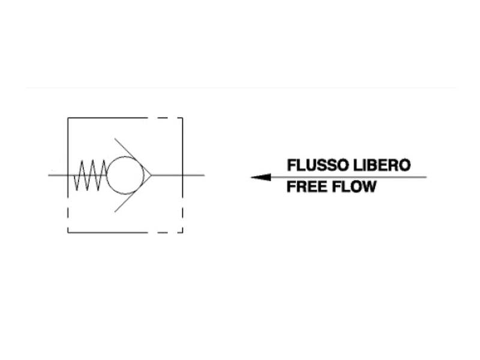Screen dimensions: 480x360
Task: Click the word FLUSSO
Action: click(318, 166)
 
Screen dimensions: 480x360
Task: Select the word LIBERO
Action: click(382, 166)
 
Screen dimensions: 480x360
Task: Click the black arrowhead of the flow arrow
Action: click(261, 177)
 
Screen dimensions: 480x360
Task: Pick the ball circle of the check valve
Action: click(125, 175)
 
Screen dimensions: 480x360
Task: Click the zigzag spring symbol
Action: click(91, 175)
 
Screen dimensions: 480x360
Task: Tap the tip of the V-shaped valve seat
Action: click(151, 175)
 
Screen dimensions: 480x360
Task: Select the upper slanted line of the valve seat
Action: click(133, 157)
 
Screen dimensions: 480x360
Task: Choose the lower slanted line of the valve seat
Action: click(133, 193)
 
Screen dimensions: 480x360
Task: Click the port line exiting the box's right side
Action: click(193, 175)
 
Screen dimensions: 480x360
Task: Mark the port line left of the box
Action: click(58, 175)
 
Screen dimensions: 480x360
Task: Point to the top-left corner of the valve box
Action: click(68, 118)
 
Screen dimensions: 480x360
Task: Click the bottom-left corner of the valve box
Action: click(68, 233)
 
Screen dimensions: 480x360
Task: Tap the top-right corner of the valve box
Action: click(183, 118)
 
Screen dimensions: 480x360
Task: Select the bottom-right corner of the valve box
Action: click(183, 233)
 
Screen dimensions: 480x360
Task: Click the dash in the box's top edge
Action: click(163, 118)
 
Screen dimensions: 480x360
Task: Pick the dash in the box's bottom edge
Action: click(163, 233)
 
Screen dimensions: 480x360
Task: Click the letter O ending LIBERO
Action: click(404, 166)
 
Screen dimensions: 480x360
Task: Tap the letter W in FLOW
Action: click(368, 187)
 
